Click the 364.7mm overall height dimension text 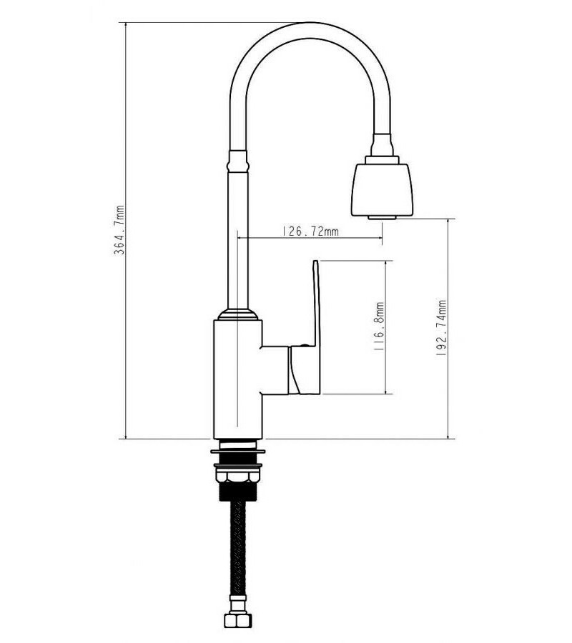pos(120,230)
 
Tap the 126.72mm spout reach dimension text pos(310,231)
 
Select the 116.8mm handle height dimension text pos(379,327)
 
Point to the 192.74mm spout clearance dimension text pos(441,328)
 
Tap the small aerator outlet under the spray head pos(382,217)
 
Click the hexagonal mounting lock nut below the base pos(238,476)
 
